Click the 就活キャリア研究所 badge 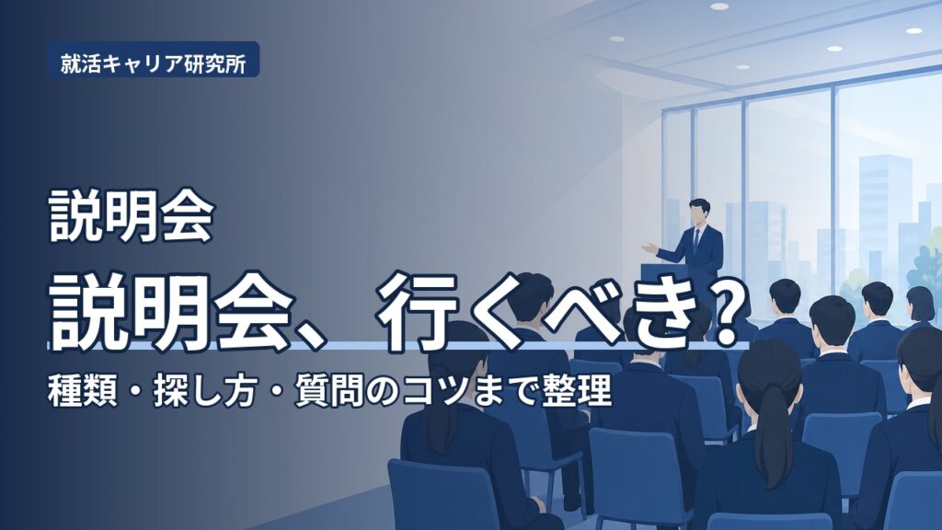154,60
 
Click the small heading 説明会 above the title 131,215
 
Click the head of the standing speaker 699,211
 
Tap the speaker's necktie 696,240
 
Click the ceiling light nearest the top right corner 913,30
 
